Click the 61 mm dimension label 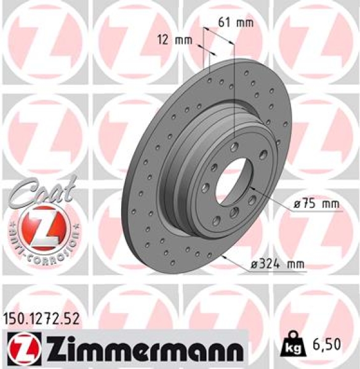tap(236, 23)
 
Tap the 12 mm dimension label tap(170, 41)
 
